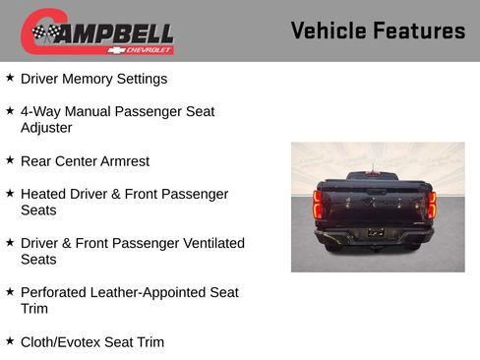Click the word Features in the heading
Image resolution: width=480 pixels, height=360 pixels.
point(419,30)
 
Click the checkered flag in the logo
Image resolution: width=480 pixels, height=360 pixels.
point(45,33)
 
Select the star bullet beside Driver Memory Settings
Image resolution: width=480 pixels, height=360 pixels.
point(10,77)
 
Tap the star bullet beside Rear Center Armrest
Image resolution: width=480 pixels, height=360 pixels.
point(10,159)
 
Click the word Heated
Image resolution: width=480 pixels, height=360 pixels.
point(44,194)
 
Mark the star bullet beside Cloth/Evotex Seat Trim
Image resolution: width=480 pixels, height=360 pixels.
point(10,340)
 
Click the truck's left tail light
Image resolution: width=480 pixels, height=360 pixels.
point(318,205)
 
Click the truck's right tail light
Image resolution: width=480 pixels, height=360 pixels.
point(432,205)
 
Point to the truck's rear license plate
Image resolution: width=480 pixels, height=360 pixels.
point(376,232)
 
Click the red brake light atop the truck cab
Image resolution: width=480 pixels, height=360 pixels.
point(375,173)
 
